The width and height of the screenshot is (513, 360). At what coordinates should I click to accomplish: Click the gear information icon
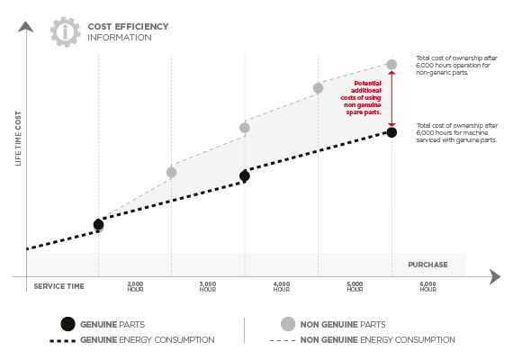coord(65,32)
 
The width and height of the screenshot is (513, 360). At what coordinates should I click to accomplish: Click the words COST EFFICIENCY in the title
coord(128,26)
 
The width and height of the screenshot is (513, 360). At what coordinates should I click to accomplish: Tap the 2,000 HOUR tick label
coord(135,287)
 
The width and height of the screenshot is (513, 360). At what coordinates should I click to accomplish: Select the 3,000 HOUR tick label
coord(208,287)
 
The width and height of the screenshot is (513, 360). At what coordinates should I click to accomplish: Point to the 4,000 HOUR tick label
coord(282,287)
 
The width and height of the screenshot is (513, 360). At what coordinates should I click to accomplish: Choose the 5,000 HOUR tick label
coord(355,287)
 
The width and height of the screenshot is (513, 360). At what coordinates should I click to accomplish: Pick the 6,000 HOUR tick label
coord(427,287)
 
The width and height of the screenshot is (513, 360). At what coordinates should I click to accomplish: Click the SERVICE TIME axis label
coord(58,286)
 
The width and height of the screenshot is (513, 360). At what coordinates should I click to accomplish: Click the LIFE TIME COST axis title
coord(18,138)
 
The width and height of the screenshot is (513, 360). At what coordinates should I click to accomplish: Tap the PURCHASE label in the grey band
coord(427,265)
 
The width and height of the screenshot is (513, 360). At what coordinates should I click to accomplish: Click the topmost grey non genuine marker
coord(391,65)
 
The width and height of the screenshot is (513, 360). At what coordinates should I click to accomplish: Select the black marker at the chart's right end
coord(391,132)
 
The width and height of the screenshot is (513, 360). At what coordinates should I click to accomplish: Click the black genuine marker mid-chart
coord(245,176)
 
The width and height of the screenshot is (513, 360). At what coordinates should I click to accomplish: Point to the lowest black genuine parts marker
coord(98,224)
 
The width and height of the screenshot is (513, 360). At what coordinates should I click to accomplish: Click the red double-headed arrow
coord(391,99)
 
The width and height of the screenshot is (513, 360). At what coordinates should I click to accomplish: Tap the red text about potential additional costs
coord(361,97)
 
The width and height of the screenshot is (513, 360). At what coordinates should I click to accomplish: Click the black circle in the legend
coord(67,324)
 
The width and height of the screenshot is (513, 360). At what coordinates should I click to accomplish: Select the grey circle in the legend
coord(288,324)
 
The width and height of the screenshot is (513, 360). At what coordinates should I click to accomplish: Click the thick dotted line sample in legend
coord(62,341)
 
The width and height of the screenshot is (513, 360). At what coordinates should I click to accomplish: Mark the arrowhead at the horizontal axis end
coord(495,277)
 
